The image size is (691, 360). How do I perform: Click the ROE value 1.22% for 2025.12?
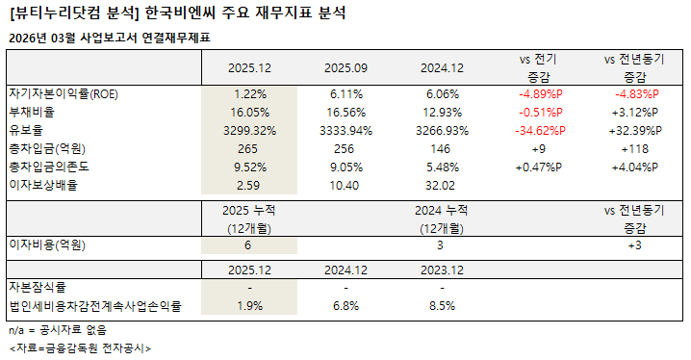[x=249, y=94]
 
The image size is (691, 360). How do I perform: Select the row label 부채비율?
[x=32, y=112]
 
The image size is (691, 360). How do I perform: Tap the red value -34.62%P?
[x=540, y=131]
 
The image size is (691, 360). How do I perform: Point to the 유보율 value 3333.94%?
[x=345, y=131]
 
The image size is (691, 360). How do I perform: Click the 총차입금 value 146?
[x=441, y=149]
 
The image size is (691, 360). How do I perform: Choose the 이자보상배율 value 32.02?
[x=441, y=186]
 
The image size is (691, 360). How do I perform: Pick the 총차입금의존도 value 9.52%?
[x=249, y=167]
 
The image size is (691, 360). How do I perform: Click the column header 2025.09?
[x=345, y=68]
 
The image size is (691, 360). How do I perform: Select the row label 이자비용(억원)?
[x=47, y=245]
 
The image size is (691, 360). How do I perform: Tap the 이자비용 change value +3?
[x=634, y=245]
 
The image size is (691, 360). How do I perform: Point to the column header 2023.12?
[x=442, y=270]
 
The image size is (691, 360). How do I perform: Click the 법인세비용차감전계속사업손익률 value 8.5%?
[x=442, y=306]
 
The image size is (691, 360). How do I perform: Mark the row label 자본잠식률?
[x=38, y=287]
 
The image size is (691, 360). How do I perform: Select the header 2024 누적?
[x=441, y=211]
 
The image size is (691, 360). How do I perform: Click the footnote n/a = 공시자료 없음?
[x=58, y=330]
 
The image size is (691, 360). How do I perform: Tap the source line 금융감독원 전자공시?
[x=101, y=348]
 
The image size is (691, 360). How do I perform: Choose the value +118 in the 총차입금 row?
[x=634, y=149]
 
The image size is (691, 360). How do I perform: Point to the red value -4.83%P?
[x=637, y=94]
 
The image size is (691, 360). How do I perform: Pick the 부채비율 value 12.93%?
[x=442, y=113]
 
